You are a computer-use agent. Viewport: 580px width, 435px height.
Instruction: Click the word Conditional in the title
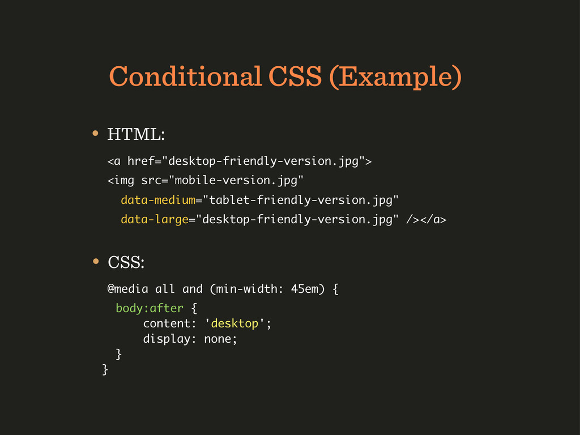click(x=186, y=76)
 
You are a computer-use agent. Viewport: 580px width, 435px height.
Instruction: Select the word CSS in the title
click(x=295, y=76)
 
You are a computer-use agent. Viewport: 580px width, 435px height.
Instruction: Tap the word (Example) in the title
click(x=395, y=77)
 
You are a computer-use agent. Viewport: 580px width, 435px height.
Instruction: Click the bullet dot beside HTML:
click(x=95, y=133)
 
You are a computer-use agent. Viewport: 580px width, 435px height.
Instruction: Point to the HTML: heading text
click(x=136, y=134)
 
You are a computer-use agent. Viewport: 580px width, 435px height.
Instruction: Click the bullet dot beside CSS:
click(x=96, y=261)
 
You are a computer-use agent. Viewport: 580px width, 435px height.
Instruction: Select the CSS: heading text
click(x=126, y=262)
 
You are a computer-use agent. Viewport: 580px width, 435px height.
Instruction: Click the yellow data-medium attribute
click(x=158, y=200)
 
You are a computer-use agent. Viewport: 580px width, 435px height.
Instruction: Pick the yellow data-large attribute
click(x=155, y=220)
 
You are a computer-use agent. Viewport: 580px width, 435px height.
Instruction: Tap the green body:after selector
click(x=150, y=308)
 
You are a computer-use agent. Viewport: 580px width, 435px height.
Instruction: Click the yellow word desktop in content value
click(x=234, y=323)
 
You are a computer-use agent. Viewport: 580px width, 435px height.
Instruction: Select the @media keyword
click(x=127, y=289)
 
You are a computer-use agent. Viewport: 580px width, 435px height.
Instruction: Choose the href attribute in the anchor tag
click(x=140, y=161)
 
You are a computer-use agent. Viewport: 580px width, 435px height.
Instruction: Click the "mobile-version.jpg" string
click(x=236, y=181)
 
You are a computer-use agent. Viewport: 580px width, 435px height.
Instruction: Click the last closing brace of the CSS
click(x=105, y=369)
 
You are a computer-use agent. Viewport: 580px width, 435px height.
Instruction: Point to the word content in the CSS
click(x=166, y=323)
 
